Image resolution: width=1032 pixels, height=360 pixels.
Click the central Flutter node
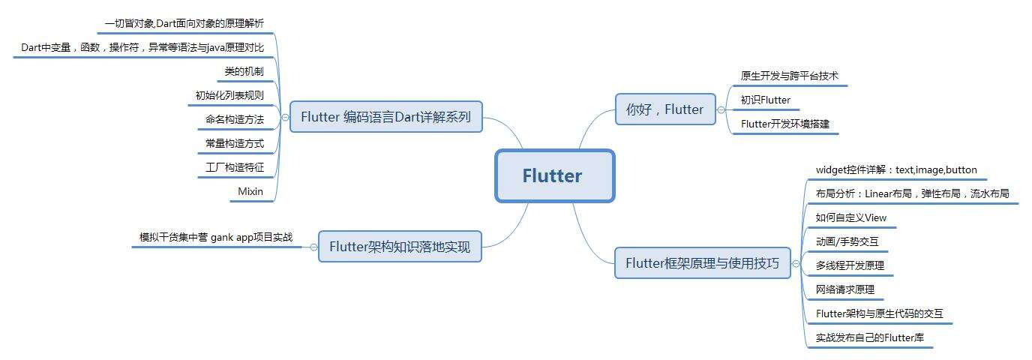pos(554,176)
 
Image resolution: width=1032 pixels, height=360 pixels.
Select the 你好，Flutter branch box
pos(664,109)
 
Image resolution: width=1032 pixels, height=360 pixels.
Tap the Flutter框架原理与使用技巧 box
pos(702,263)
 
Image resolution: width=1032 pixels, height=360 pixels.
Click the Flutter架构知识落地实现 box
pos(400,247)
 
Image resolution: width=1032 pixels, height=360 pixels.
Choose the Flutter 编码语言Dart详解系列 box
pos(385,117)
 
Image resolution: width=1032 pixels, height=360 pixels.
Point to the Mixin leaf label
pos(250,191)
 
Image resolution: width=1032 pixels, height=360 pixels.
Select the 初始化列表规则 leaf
pos(229,95)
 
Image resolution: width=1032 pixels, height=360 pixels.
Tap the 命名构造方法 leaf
pos(234,119)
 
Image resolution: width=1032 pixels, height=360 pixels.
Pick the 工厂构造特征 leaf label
pos(234,167)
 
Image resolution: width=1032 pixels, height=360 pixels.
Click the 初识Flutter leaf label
pos(765,100)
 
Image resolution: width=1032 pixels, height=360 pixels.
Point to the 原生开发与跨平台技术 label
pos(789,76)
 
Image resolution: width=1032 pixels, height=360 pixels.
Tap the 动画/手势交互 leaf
pos(847,241)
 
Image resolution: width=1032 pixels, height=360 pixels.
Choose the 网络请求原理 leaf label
pos(844,289)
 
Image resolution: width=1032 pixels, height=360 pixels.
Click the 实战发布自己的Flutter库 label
pos(869,337)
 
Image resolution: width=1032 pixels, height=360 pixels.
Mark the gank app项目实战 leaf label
pos(216,237)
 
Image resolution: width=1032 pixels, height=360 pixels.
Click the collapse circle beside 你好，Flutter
pos(721,109)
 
